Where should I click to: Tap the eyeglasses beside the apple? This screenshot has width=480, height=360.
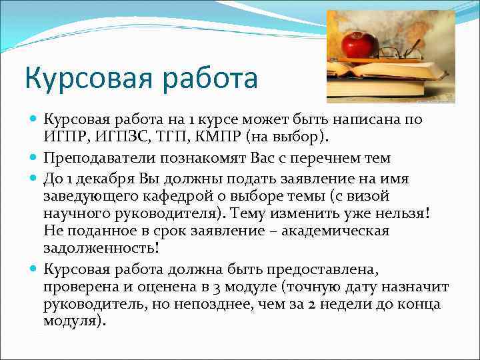401,52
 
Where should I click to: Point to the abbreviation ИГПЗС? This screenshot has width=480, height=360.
115,137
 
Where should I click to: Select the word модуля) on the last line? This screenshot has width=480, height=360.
74,320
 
